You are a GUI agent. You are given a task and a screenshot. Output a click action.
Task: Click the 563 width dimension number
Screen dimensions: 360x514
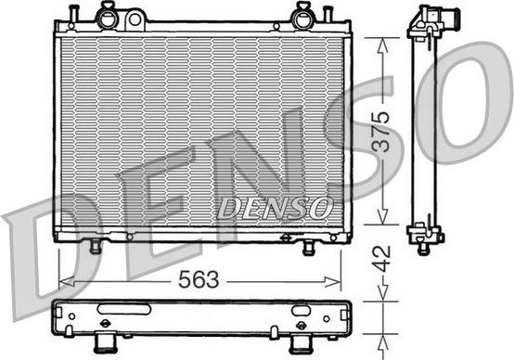point(199,279)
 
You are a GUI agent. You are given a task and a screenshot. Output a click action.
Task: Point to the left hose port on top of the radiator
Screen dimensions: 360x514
point(108,16)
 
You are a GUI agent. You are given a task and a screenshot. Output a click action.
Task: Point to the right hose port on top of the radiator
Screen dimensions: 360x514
point(302,16)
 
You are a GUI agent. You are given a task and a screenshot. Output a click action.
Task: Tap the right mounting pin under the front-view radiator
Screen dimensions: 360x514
point(308,248)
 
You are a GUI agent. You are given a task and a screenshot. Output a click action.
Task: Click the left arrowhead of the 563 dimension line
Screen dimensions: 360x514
point(63,279)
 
